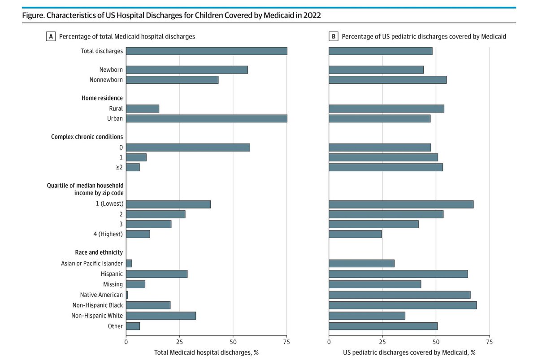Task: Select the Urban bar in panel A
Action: click(x=206, y=118)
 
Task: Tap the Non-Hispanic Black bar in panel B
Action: click(x=402, y=305)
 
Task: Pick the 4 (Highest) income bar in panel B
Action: click(x=355, y=234)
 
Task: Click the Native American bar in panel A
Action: click(x=127, y=295)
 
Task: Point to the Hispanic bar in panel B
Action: click(x=398, y=274)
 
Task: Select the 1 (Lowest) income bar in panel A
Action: click(x=168, y=204)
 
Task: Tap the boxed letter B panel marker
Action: click(x=334, y=37)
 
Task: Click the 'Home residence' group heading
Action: click(x=102, y=98)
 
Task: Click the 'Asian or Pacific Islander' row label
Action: click(x=92, y=264)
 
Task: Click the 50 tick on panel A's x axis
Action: click(x=233, y=341)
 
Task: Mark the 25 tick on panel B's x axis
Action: click(x=382, y=341)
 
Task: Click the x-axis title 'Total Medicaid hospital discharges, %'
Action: click(x=206, y=352)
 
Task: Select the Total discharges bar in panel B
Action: click(x=380, y=51)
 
